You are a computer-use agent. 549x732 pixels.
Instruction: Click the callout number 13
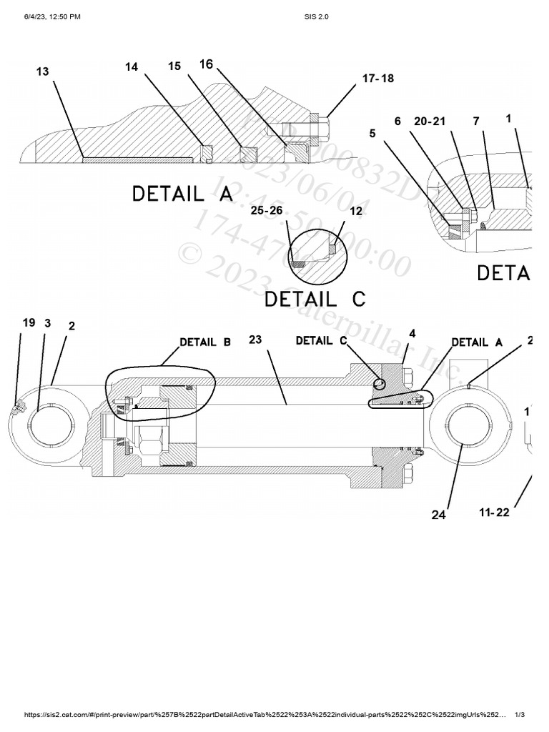click(x=42, y=71)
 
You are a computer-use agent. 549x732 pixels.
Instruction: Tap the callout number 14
click(x=132, y=66)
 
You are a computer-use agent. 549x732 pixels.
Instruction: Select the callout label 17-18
click(x=377, y=79)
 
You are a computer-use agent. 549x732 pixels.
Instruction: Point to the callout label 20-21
click(x=430, y=121)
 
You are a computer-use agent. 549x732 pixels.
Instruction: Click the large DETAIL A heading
click(x=182, y=194)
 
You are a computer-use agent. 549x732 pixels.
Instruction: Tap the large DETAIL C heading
click(x=315, y=298)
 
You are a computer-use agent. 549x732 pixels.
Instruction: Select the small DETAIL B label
click(x=205, y=342)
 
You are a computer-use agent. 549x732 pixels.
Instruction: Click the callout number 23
click(x=256, y=340)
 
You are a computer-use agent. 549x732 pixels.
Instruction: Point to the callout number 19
click(x=29, y=322)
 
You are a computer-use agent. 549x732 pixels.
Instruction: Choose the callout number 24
click(x=438, y=514)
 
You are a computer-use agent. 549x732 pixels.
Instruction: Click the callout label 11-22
click(x=494, y=513)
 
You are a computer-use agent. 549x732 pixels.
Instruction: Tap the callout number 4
click(x=412, y=334)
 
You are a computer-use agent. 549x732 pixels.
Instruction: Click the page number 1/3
click(x=520, y=715)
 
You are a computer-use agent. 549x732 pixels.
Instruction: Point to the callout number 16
click(x=206, y=64)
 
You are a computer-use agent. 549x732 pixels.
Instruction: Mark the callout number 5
click(x=372, y=132)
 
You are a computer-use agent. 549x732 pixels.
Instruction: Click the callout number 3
click(x=48, y=323)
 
